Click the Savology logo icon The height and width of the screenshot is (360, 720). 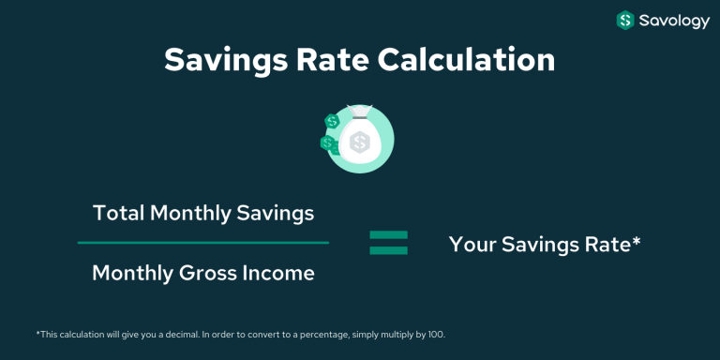625,20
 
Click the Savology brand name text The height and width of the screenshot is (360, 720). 675,20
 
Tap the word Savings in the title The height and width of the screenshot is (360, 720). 221,60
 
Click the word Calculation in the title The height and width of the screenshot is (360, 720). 466,60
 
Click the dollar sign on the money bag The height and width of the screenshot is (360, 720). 359,143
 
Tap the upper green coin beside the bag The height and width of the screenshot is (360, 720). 331,122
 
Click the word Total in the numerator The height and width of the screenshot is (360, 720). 117,213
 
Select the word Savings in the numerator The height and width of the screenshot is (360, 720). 278,213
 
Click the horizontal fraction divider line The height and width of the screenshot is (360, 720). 202,243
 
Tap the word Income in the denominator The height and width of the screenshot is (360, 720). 279,273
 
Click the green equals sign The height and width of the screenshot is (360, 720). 388,244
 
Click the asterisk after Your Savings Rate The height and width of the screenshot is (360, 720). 637,241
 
